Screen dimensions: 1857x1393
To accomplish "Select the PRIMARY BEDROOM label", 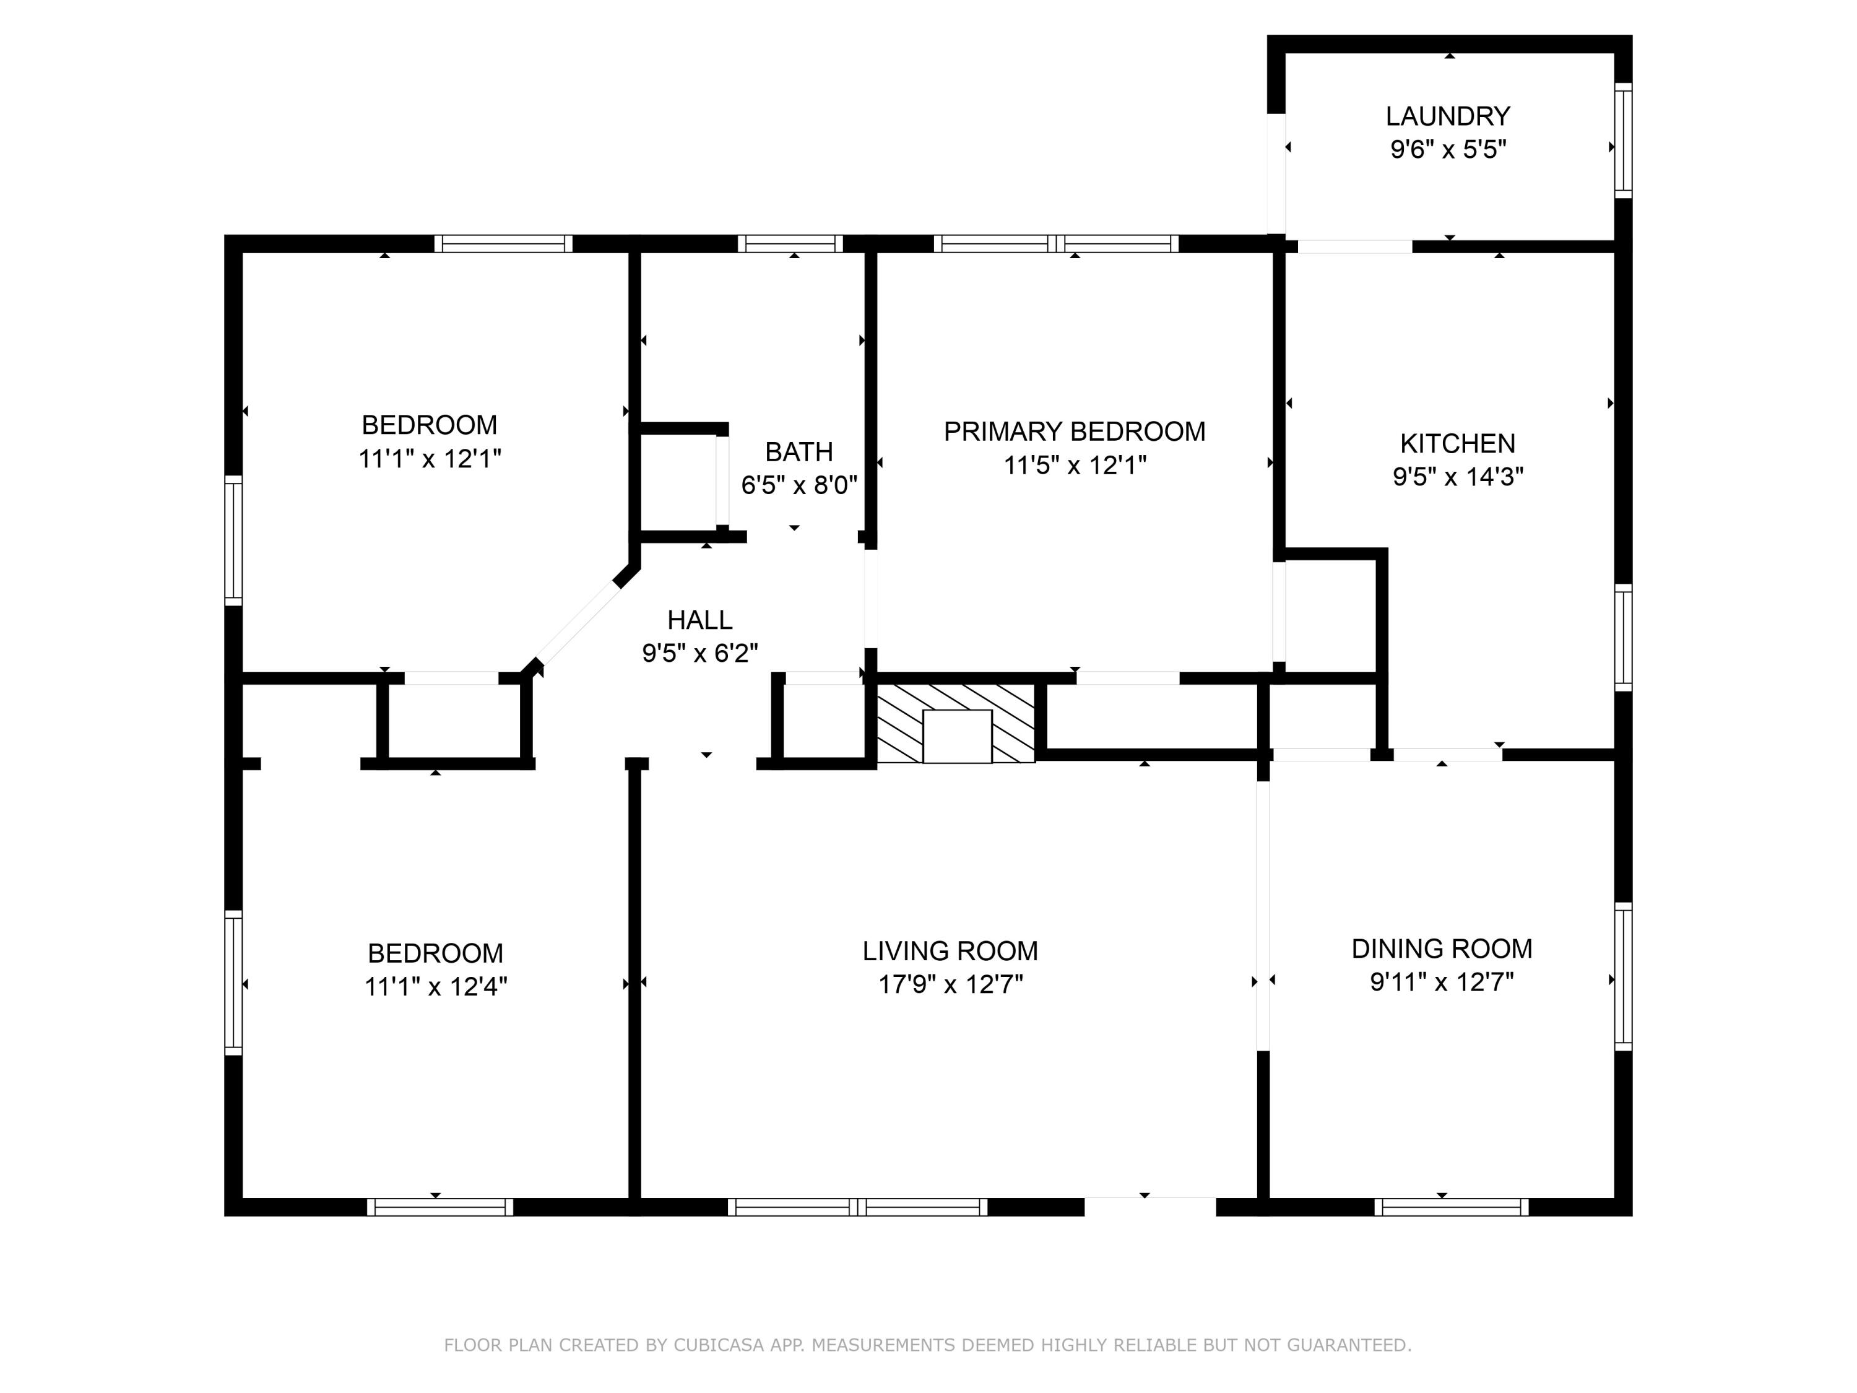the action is tap(1075, 432).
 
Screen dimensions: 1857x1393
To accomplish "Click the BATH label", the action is tap(799, 452).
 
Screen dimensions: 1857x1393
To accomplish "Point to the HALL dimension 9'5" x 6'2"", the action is tap(700, 653).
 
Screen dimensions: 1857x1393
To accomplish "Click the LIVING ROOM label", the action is tap(950, 952).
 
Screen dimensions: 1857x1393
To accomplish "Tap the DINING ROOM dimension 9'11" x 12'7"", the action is tap(1442, 981).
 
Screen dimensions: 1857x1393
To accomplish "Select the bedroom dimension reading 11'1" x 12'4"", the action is tap(436, 987).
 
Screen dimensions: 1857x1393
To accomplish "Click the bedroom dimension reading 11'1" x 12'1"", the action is tap(430, 459).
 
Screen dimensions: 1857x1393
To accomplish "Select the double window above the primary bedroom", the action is tap(1056, 243).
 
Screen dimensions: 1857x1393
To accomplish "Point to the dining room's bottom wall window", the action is tap(1452, 1207).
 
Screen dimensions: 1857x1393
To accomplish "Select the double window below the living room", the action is tap(857, 1207).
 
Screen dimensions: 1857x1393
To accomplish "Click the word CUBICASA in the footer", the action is tap(719, 1345).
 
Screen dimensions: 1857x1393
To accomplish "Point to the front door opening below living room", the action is tap(1150, 1207).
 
